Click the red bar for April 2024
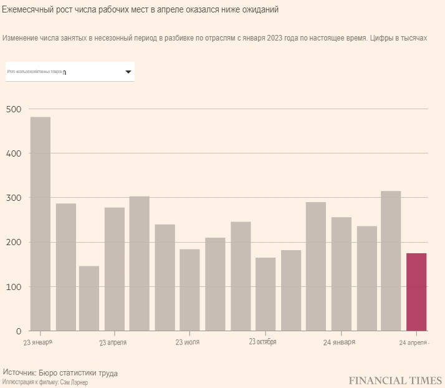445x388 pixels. pos(416,292)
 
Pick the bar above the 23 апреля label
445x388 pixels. pos(115,269)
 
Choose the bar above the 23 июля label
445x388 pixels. pos(189,289)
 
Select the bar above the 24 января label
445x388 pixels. pos(342,274)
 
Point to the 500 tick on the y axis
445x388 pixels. pos(14,110)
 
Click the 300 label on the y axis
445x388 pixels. pos(14,198)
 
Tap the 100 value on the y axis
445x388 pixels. pos(14,287)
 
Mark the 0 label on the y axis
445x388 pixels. pos(19,331)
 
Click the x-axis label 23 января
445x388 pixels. pos(38,342)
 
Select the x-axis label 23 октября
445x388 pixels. pos(262,342)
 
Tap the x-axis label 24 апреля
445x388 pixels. pos(413,343)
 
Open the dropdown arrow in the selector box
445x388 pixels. pos(128,72)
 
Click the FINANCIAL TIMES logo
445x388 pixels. pos(395,380)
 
